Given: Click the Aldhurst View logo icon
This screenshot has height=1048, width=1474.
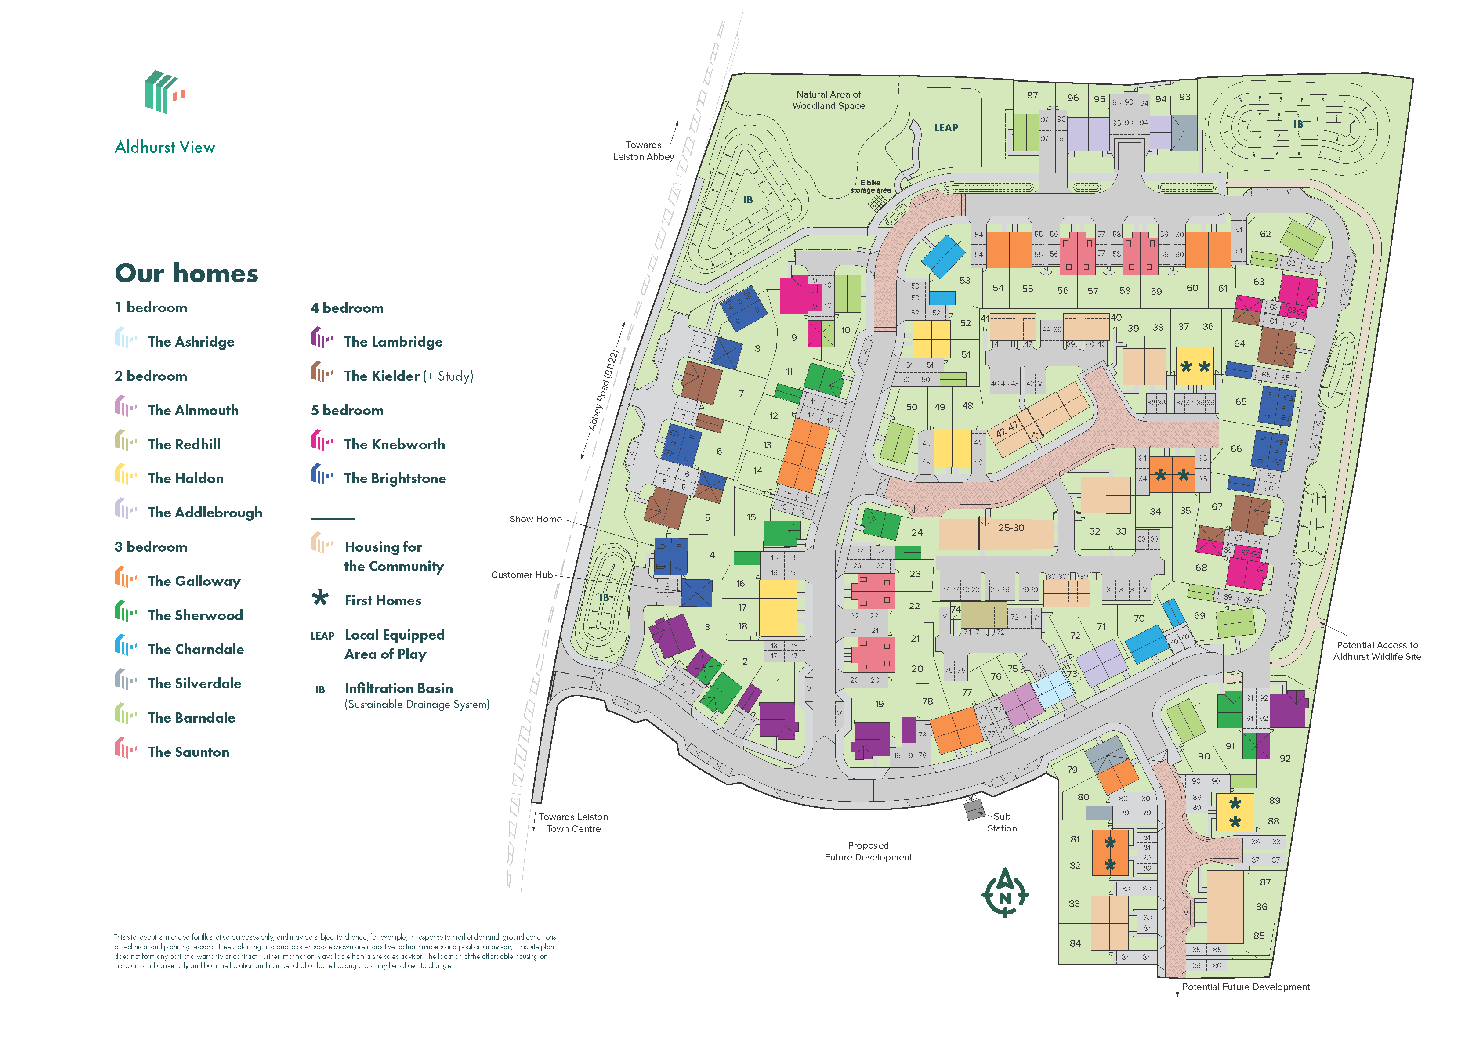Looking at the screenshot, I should coord(164,92).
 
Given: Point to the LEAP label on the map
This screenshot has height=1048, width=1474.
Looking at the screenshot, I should coord(945,128).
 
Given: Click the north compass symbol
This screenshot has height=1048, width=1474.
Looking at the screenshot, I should coord(1004,893).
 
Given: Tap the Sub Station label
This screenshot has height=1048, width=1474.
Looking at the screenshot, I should coord(1002,822).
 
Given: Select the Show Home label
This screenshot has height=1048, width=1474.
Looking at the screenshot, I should coord(535,519).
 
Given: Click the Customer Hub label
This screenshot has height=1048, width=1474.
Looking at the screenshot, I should coord(522,575).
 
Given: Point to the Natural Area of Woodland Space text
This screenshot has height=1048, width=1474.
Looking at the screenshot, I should coord(828,100).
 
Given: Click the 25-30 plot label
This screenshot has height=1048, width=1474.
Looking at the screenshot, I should coord(1010,528).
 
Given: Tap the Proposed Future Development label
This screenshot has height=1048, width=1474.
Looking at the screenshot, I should coord(868,851).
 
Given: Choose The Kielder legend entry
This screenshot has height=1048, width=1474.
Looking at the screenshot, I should coord(408,376).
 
